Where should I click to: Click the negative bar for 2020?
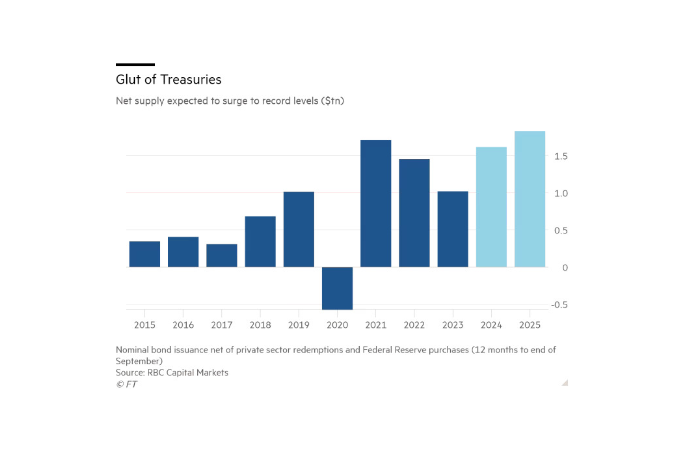(x=337, y=288)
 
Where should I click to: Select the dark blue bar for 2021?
(x=376, y=204)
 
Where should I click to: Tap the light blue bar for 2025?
(x=530, y=199)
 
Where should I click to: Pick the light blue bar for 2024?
(x=491, y=207)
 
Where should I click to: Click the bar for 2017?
(x=222, y=255)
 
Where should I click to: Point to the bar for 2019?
(x=298, y=229)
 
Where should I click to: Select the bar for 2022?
(x=414, y=213)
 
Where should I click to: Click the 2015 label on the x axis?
(x=144, y=325)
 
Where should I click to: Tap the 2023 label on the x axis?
(x=452, y=325)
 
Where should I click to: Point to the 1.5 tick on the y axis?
(x=561, y=156)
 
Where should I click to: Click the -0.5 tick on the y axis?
(x=559, y=305)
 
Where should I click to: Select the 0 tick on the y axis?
(x=565, y=268)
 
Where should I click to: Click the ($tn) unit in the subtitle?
(x=332, y=101)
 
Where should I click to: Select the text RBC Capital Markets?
(x=188, y=373)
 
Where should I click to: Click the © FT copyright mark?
(x=127, y=384)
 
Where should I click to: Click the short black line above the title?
(x=135, y=65)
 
